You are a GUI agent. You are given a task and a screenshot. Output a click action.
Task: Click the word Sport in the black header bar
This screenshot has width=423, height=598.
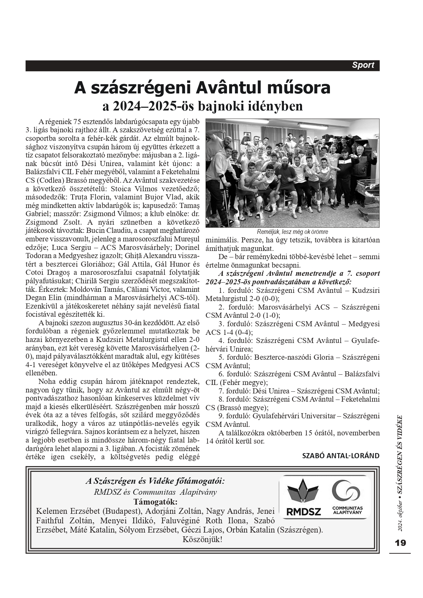[363, 65]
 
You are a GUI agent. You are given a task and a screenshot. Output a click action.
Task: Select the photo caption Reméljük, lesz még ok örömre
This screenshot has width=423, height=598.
[292, 232]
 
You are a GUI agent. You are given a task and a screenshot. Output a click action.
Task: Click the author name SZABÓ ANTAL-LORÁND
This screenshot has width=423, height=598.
[341, 455]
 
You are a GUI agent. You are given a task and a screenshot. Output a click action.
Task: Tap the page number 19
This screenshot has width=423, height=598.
[400, 543]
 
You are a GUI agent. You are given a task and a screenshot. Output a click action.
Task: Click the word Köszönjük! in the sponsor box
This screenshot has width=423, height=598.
[202, 540]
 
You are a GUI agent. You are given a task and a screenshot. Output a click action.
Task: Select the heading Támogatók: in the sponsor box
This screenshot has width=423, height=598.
[155, 502]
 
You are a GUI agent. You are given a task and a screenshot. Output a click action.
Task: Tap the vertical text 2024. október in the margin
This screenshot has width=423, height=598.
[400, 514]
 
